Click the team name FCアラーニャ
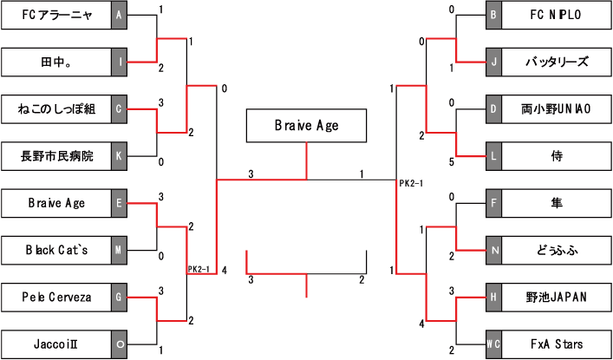56,15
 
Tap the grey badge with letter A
121,15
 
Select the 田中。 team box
56,62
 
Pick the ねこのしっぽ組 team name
56,109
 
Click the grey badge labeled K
121,156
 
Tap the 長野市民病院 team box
56,156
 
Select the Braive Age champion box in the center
306,126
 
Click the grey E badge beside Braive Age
121,204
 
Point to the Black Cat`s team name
56,251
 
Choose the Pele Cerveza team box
56,298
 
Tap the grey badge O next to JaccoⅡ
121,344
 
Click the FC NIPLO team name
557,15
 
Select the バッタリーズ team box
557,62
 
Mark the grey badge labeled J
493,62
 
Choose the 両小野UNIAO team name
557,109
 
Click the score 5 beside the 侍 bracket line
451,161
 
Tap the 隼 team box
557,204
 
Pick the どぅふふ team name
557,251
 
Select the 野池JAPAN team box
557,298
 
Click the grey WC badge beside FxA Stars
493,344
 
